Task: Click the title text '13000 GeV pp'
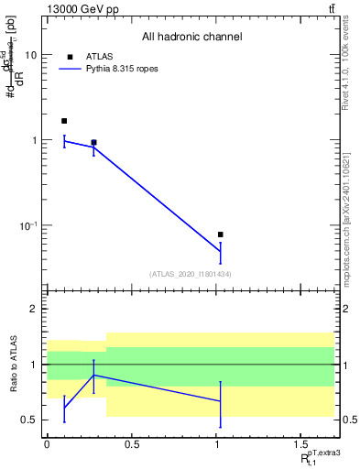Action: click(76, 9)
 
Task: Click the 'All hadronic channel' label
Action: click(191, 38)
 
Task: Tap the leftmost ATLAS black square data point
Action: click(64, 121)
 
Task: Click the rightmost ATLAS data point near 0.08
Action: click(220, 234)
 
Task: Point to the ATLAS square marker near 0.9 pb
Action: click(93, 143)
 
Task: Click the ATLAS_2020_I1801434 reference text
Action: click(191, 274)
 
